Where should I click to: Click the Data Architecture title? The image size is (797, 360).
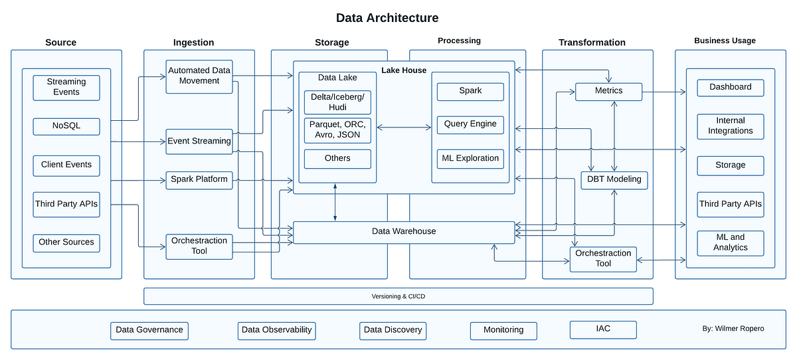[x=387, y=18]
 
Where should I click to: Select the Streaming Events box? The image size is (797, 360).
[x=66, y=87]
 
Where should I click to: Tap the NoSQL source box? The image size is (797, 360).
[x=66, y=126]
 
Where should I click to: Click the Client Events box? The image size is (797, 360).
[x=66, y=165]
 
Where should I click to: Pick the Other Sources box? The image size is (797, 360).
[x=66, y=242]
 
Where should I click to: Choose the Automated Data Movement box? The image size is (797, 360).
[x=199, y=76]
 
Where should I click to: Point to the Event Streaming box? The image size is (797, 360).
[x=199, y=141]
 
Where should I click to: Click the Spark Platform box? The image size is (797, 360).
[x=199, y=179]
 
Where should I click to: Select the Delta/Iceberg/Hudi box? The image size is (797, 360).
[x=337, y=102]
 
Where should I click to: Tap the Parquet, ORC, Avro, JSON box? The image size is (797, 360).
[x=337, y=130]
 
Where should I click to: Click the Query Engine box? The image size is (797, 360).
[x=470, y=124]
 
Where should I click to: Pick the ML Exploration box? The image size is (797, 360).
[x=470, y=159]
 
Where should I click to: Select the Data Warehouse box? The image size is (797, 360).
[x=404, y=232]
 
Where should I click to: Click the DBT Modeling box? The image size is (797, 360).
[x=614, y=180]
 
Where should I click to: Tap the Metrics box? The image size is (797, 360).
[x=608, y=91]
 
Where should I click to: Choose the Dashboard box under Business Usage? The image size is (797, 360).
[x=730, y=87]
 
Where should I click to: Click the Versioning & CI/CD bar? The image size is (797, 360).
[x=398, y=296]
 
